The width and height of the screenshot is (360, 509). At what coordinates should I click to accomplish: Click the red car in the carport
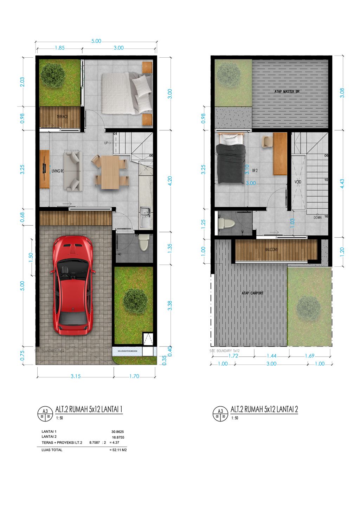(x=73, y=285)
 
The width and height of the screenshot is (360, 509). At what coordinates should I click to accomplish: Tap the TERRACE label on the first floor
(x=62, y=117)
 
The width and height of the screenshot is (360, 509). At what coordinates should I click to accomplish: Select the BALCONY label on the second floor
(x=271, y=250)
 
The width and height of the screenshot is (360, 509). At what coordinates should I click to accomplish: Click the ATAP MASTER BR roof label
(x=287, y=92)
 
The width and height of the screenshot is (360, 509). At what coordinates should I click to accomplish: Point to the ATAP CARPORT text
(x=252, y=293)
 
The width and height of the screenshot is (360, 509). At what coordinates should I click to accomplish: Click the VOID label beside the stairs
(x=298, y=182)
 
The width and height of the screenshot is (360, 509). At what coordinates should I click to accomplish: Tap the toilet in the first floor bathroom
(x=144, y=242)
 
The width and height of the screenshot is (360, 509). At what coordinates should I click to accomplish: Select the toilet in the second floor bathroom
(x=226, y=223)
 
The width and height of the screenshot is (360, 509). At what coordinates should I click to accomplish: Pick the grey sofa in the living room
(x=73, y=170)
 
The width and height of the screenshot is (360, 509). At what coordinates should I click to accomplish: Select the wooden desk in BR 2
(x=280, y=154)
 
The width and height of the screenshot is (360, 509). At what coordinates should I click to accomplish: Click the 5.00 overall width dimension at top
(x=96, y=41)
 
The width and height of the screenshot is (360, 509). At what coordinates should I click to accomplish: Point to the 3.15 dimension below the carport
(x=76, y=376)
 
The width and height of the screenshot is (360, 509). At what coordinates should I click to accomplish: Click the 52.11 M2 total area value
(x=119, y=450)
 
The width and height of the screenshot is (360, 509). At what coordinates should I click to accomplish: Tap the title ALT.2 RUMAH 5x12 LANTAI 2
(x=264, y=409)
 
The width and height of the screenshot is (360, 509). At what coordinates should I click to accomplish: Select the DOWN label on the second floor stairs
(x=317, y=218)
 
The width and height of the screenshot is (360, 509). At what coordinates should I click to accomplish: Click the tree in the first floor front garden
(x=135, y=301)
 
